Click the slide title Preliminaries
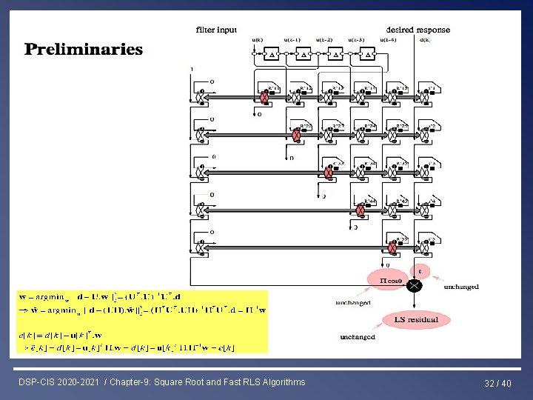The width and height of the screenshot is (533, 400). click(x=83, y=50)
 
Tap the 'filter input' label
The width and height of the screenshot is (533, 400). click(x=216, y=30)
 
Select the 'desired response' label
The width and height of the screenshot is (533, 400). click(x=418, y=30)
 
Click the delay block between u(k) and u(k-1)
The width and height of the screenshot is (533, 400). click(x=272, y=54)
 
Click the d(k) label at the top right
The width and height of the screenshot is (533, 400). click(x=424, y=39)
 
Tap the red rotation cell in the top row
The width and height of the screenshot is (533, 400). click(x=264, y=98)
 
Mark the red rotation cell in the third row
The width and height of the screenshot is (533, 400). click(x=329, y=173)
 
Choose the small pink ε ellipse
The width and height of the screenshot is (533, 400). click(x=420, y=270)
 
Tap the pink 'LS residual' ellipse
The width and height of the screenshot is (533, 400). click(x=416, y=320)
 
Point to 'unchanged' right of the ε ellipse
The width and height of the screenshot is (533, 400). click(x=461, y=287)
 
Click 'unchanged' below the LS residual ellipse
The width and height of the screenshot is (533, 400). click(x=358, y=337)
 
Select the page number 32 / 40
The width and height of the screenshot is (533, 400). click(x=499, y=383)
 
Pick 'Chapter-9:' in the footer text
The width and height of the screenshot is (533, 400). click(x=133, y=382)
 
